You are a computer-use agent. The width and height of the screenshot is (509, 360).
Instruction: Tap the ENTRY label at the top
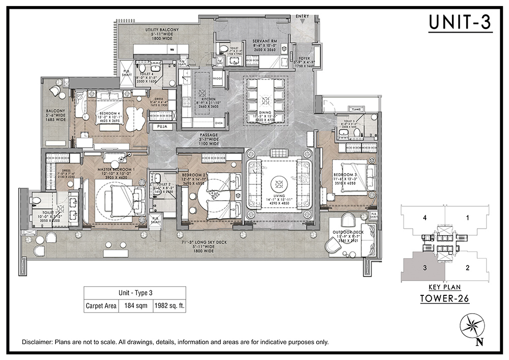(x=302, y=16)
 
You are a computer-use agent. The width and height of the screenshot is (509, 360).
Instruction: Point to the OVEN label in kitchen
(x=219, y=123)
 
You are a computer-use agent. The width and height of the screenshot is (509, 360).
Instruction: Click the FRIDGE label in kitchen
(x=217, y=78)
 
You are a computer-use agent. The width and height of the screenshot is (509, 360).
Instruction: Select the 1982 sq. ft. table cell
(x=169, y=307)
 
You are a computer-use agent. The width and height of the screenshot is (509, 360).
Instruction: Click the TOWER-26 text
(x=444, y=299)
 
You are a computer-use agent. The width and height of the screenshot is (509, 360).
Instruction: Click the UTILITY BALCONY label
(x=162, y=30)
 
